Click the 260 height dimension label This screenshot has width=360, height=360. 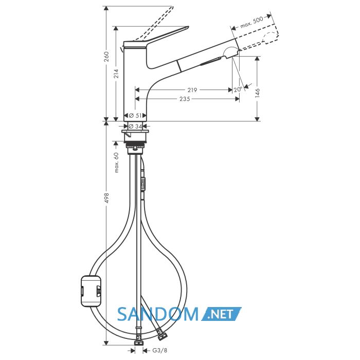coord(106,57)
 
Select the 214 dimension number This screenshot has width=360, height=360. coord(116,74)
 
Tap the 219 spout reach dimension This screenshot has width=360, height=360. coord(192,90)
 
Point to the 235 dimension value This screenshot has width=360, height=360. coord(185,99)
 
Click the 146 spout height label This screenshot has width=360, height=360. coord(257,93)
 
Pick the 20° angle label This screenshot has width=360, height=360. coord(238,89)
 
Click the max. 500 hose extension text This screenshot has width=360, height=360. coord(251,23)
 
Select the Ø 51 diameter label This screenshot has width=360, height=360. coord(135,116)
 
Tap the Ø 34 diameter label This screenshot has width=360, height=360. coord(135,126)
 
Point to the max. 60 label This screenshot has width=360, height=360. coord(116,163)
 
